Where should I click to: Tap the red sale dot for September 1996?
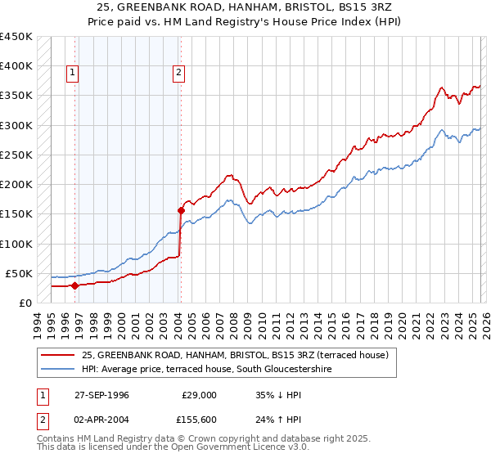74,285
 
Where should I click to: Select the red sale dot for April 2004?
181,210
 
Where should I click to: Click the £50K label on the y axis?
19,273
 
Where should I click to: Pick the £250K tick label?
16,155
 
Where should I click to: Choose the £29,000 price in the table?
199,394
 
